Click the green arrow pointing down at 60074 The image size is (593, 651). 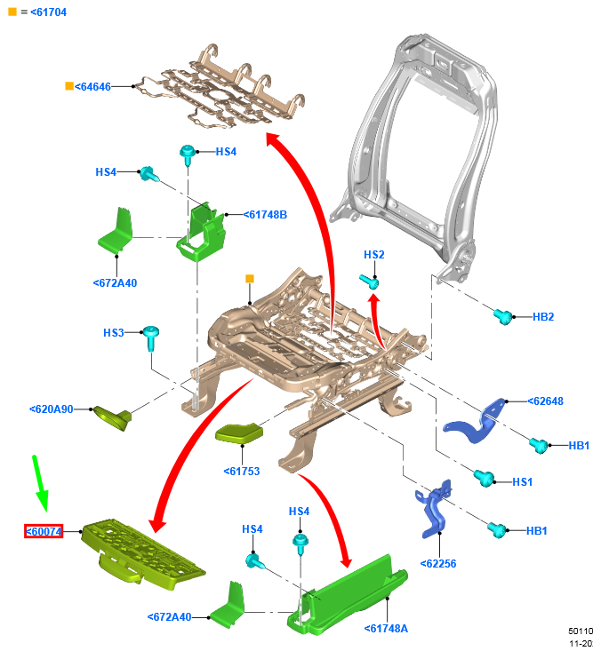pos(40,483)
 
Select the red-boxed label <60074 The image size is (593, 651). pos(44,531)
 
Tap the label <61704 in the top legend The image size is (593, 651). pos(48,12)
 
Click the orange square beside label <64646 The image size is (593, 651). pos(69,86)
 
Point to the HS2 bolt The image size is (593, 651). pos(370,282)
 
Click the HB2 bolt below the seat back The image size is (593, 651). pos(503,316)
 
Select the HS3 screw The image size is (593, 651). pos(150,337)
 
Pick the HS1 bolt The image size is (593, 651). pos(484,478)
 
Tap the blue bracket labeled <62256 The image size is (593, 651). pos(434,509)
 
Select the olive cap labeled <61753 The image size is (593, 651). pos(238,433)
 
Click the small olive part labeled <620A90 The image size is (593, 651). pos(113,417)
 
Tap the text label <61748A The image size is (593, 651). pos(386,628)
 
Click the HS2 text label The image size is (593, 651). pos(373,255)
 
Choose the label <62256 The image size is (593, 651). pos(438,563)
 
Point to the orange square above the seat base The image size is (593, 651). pos(249,278)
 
